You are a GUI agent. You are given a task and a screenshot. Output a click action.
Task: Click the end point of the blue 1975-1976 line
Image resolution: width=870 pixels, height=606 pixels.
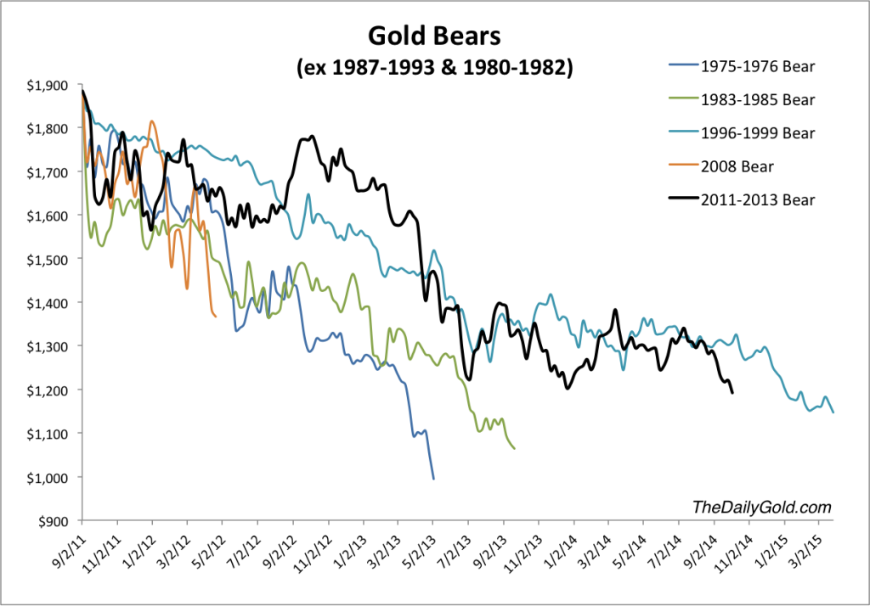[x=433, y=479]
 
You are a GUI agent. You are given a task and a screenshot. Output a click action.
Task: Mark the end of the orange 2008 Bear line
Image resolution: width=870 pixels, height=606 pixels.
[x=216, y=317]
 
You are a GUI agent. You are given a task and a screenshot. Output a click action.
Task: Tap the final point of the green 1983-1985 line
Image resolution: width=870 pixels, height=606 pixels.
[x=515, y=448]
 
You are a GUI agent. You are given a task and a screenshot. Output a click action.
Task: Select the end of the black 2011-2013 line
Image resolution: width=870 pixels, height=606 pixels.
[x=732, y=392]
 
